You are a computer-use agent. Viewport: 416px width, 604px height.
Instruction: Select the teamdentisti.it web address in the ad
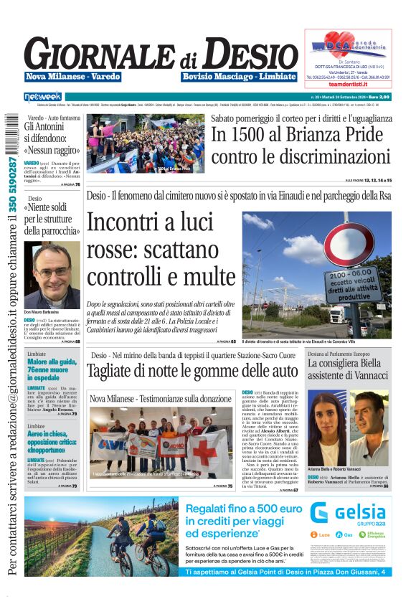pos(349,84)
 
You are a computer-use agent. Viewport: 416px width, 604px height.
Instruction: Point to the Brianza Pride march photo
pos(144,144)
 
